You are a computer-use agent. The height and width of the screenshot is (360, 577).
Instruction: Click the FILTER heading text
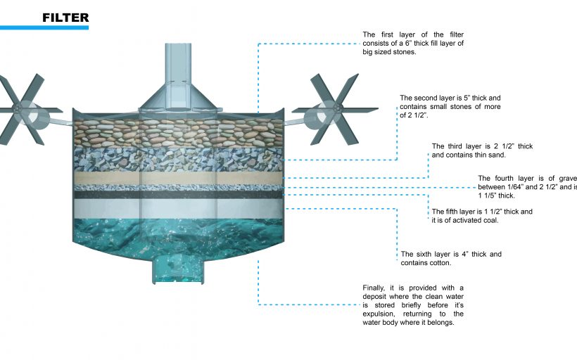pos(65,17)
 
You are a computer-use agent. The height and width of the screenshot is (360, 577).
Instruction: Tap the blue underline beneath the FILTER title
pos(44,27)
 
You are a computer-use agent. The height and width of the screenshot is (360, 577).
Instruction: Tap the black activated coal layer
pos(177,195)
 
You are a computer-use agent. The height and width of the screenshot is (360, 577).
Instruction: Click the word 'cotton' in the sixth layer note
pos(436,263)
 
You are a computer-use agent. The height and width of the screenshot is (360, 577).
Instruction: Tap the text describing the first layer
pos(412,44)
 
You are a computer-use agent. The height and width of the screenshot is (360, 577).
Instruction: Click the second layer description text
pos(450,106)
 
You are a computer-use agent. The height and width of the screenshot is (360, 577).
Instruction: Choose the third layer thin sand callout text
pos(482,150)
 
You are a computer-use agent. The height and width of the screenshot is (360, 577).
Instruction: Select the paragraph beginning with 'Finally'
pos(412,305)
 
